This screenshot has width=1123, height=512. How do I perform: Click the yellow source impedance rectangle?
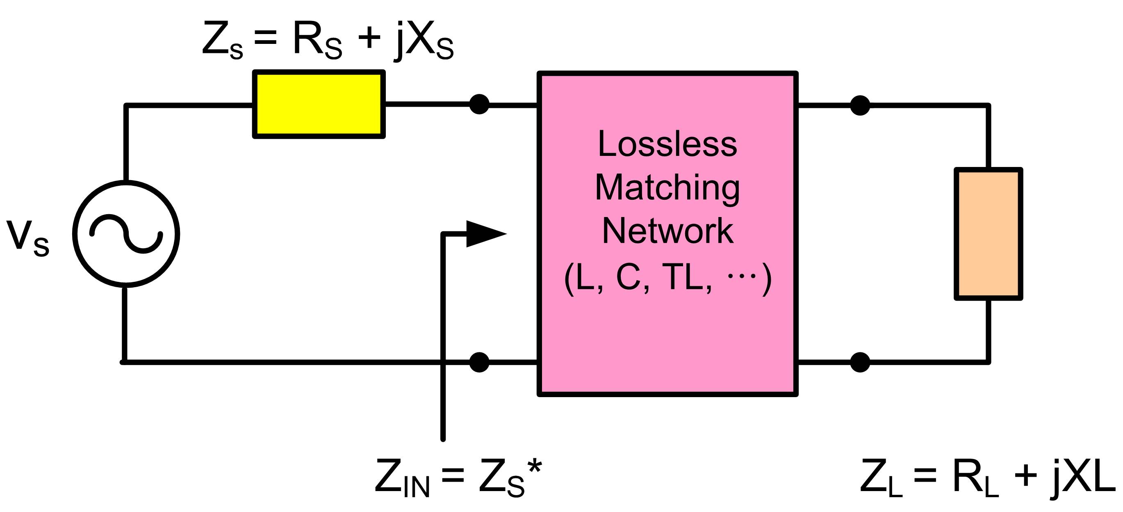319,104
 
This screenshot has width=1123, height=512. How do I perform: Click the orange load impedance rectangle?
988,234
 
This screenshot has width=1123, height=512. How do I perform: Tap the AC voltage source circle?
126,234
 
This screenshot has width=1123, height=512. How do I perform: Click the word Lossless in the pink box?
667,144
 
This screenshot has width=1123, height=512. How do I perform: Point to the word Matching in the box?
667,188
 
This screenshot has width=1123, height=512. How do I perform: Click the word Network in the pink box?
667,231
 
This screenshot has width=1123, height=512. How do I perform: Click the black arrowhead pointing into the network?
484,234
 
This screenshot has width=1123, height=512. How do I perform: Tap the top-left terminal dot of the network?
479,105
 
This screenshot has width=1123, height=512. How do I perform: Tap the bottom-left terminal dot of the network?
479,362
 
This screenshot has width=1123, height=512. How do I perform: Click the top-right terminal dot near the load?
860,105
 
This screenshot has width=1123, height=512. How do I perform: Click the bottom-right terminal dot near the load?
860,362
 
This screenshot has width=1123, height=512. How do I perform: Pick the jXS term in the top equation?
423,41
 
